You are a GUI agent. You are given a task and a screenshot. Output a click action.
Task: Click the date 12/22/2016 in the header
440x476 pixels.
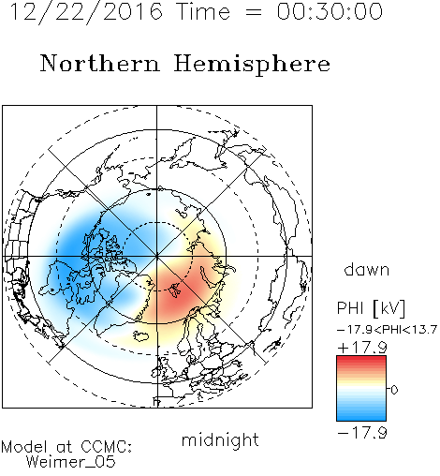click(86, 11)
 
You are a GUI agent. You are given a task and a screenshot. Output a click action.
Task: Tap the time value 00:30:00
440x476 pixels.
click(330, 11)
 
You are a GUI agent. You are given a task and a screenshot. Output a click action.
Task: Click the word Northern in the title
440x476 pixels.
click(100, 64)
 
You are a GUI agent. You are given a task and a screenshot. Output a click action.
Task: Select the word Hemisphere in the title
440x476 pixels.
click(252, 65)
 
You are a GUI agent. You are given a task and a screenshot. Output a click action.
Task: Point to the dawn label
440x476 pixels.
click(367, 269)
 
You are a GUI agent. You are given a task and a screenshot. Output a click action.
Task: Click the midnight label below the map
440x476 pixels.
click(220, 440)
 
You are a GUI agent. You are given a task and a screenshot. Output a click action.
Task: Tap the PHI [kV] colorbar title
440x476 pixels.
click(371, 308)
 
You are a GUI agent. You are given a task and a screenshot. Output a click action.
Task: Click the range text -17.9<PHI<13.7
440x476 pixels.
click(387, 330)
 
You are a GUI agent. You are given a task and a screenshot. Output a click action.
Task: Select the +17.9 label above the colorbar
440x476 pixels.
click(362, 348)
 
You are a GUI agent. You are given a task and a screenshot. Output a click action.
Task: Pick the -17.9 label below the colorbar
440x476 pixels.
click(362, 433)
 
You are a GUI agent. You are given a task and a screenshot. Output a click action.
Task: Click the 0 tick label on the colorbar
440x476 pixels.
click(394, 390)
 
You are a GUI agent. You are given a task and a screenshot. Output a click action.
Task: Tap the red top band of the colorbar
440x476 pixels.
click(361, 360)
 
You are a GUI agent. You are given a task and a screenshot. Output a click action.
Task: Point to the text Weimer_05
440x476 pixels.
click(71, 462)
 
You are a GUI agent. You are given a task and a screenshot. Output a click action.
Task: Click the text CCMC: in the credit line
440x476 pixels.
click(107, 447)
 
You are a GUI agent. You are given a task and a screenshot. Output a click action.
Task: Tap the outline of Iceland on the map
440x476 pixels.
click(140, 335)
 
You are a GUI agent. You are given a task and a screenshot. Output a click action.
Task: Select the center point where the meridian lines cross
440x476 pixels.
click(157, 256)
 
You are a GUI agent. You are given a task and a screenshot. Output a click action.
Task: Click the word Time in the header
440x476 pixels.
click(203, 11)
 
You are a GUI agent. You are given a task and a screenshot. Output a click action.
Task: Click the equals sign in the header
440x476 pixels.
click(253, 12)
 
